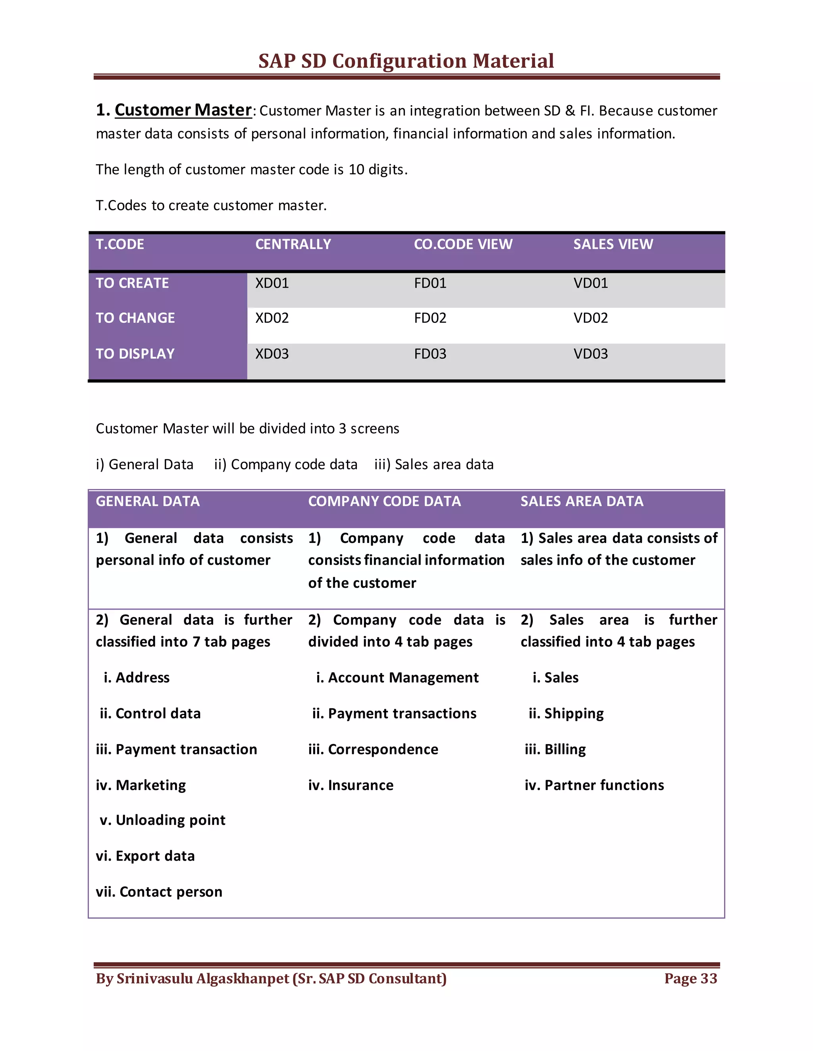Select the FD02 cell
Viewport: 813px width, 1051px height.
pyautogui.click(x=430, y=318)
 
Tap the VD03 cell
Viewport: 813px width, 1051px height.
pyautogui.click(x=590, y=354)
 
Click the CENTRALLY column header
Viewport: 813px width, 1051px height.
pyautogui.click(x=293, y=244)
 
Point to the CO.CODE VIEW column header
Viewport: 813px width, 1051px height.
pyautogui.click(x=463, y=244)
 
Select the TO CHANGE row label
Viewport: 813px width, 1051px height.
pyautogui.click(x=135, y=318)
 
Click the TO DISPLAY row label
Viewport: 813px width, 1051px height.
pyautogui.click(x=135, y=354)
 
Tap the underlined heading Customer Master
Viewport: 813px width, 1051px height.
pyautogui.click(x=183, y=110)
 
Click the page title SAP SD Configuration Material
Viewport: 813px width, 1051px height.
pyautogui.click(x=406, y=61)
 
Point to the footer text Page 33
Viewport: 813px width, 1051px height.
pyautogui.click(x=690, y=978)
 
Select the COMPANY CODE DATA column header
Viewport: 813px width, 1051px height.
pyautogui.click(x=384, y=501)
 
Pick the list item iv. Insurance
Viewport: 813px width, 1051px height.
pyautogui.click(x=351, y=785)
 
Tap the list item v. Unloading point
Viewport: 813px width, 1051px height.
pyautogui.click(x=162, y=820)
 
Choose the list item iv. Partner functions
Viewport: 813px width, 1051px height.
pyautogui.click(x=594, y=785)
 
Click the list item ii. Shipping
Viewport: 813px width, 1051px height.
pyautogui.click(x=566, y=713)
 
